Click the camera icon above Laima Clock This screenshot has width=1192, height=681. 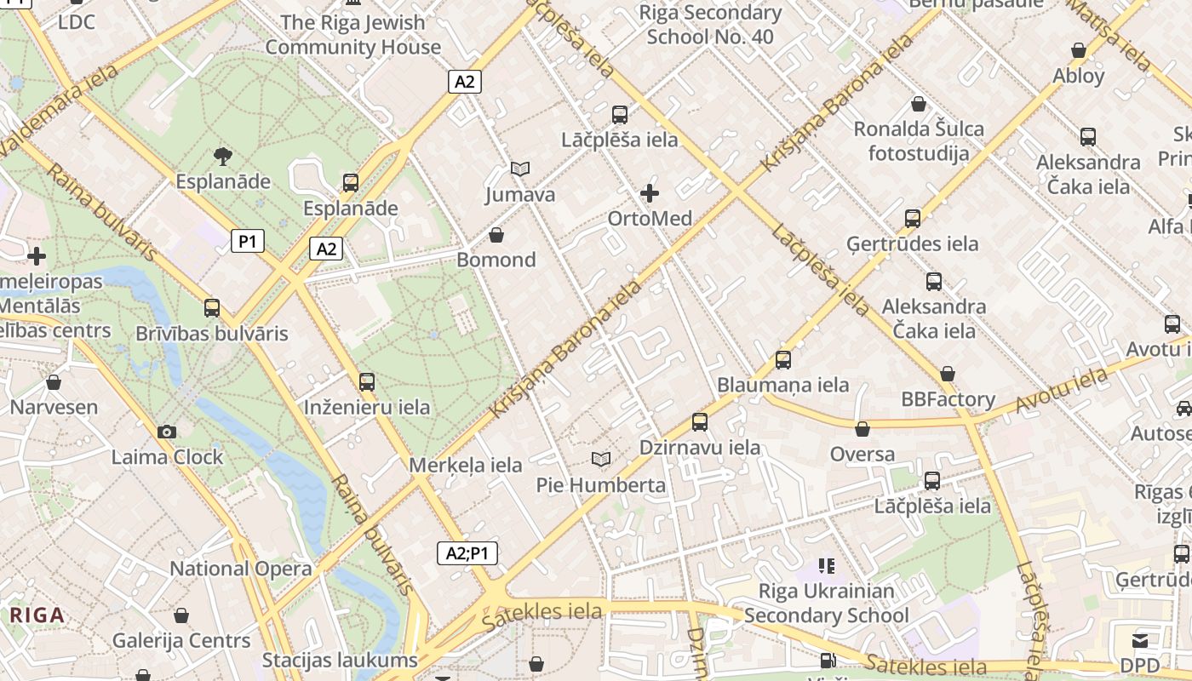[x=167, y=432]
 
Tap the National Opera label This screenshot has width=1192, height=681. [x=241, y=569]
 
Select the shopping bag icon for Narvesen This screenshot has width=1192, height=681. [x=54, y=382]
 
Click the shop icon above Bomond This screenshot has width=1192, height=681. [x=496, y=235]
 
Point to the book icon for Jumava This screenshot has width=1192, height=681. [x=519, y=169]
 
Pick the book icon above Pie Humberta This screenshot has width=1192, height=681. [x=601, y=460]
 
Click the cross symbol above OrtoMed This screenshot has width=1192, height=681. [x=650, y=193]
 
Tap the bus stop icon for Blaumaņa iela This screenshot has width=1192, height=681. [x=783, y=360]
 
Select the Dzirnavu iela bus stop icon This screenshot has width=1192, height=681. [x=700, y=421]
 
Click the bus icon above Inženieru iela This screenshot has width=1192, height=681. [x=367, y=382]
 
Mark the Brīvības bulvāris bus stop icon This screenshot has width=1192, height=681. [x=212, y=308]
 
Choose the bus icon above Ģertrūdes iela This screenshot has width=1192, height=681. [x=913, y=219]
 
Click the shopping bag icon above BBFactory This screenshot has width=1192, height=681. [x=948, y=375]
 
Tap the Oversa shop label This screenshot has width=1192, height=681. [x=862, y=454]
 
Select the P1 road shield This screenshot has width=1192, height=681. [x=247, y=242]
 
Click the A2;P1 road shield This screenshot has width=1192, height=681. [x=467, y=553]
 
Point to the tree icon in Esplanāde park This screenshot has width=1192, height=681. [x=223, y=156]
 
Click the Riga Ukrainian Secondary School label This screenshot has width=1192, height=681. [x=826, y=603]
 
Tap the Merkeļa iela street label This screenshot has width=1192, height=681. [x=466, y=465]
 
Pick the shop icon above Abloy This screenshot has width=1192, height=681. [x=1079, y=51]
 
